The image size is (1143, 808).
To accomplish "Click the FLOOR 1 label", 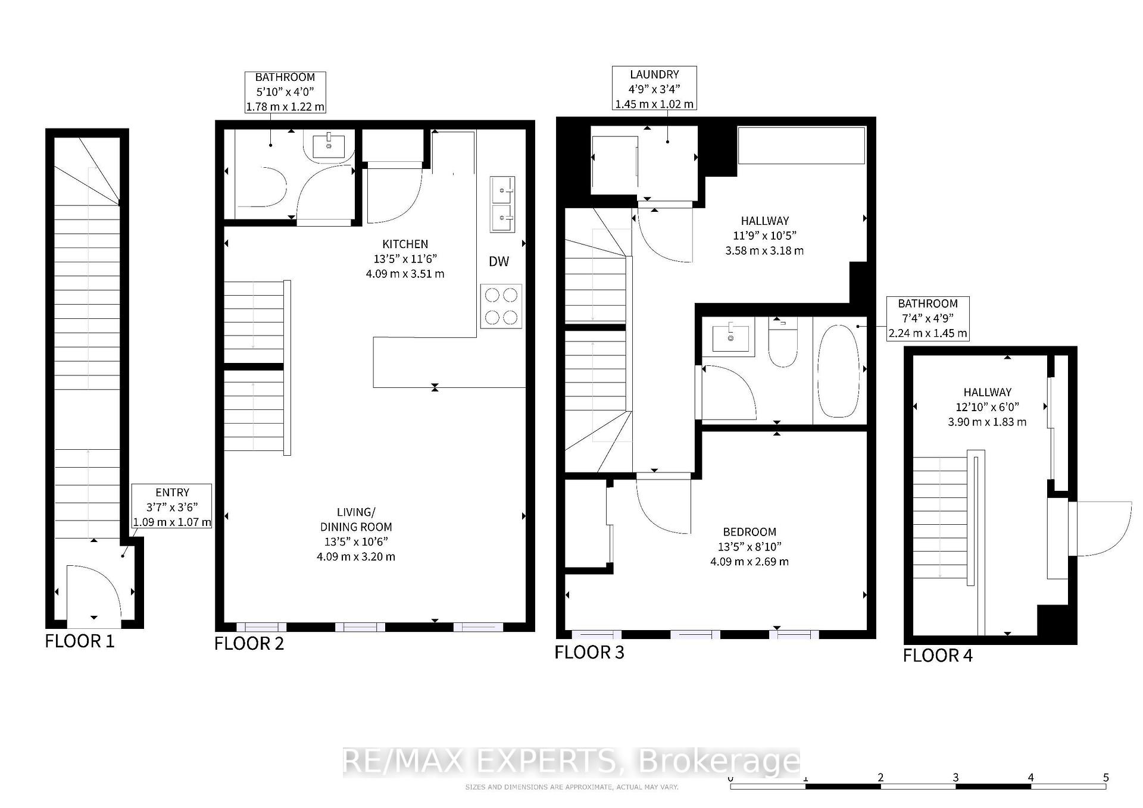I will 79,641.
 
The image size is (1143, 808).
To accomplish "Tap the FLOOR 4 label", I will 938,656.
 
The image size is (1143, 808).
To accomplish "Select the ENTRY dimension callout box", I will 172,507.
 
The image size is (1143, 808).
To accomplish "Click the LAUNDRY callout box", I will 654,89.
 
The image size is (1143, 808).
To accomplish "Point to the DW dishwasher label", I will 499,262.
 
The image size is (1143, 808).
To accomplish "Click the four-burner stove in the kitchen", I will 501,306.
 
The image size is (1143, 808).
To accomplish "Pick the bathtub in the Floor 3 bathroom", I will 839,371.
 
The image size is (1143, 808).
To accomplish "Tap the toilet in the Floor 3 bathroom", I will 783,345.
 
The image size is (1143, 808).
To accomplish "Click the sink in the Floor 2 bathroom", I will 329,146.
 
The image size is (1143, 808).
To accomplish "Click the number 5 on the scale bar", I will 1105,778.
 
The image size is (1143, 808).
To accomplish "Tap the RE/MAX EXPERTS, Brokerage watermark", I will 571,762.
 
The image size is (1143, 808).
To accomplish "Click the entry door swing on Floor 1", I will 94,595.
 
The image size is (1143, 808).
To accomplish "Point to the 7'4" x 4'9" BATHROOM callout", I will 927,318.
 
